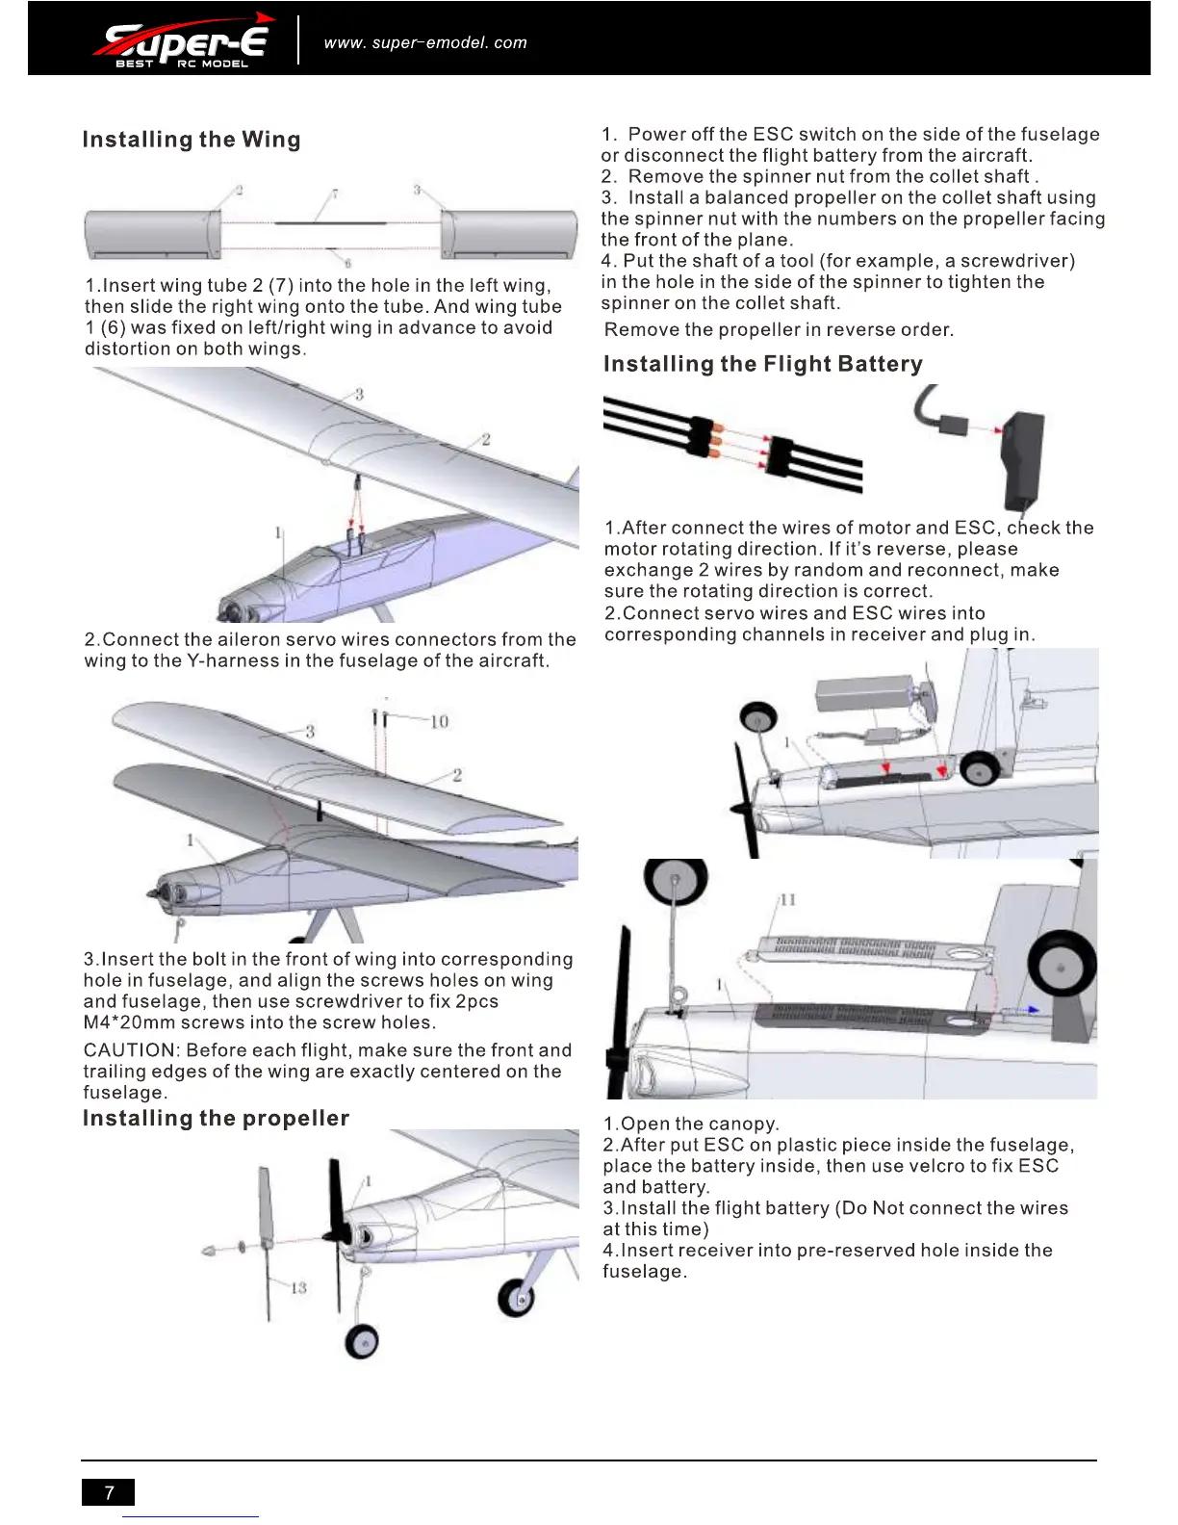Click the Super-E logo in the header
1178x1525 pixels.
pos(183,42)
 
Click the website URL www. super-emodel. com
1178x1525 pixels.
pos(425,42)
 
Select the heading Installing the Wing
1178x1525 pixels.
pos(192,140)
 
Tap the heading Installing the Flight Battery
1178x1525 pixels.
pos(762,364)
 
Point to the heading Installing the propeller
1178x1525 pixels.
pos(216,1118)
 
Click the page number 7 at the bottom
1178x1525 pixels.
pos(109,1492)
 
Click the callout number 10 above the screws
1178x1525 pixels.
pos(439,721)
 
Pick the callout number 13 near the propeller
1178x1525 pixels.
pos(298,1287)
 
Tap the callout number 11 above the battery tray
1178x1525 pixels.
pos(787,899)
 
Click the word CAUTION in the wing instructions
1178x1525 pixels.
pos(130,1050)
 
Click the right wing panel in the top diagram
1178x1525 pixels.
pos(508,234)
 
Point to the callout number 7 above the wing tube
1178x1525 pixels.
pos(335,194)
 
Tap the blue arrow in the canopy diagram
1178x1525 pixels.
pos(1028,1010)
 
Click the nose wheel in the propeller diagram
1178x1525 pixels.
pos(362,1340)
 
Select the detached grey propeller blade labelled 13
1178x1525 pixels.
pos(266,1242)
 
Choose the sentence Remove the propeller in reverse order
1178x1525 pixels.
pos(779,329)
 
